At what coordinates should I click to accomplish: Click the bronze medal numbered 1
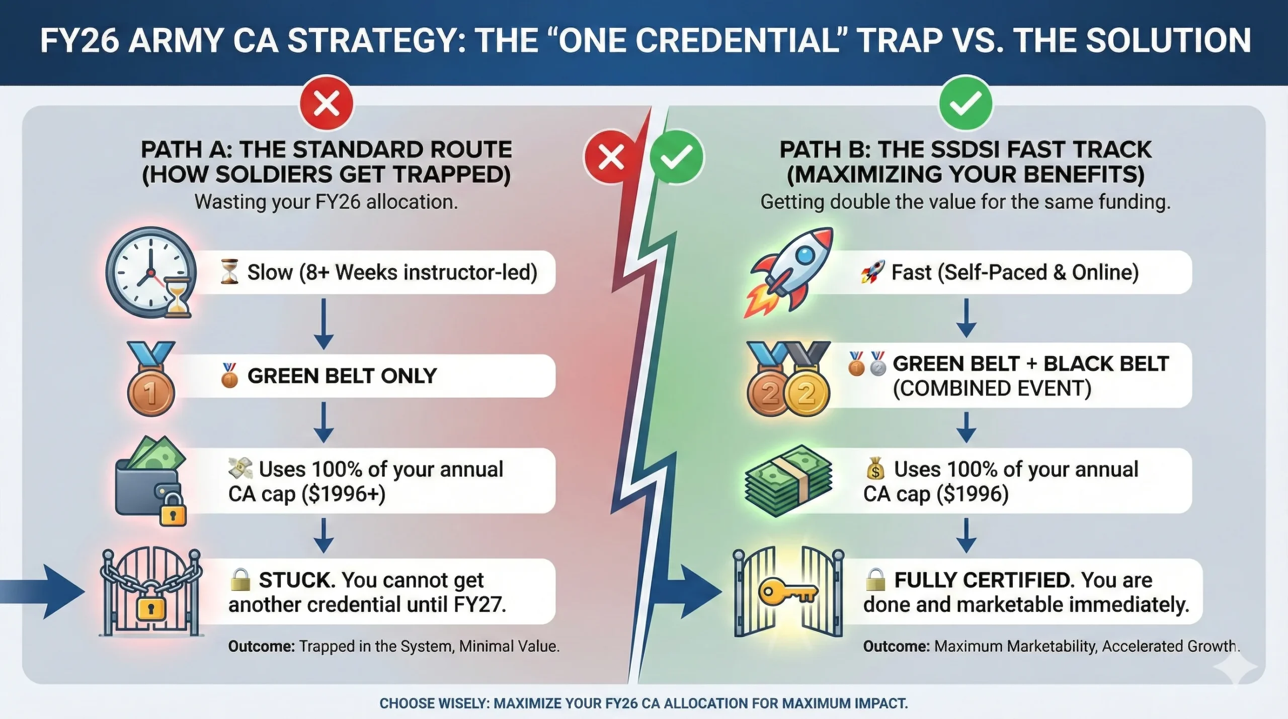tap(150, 392)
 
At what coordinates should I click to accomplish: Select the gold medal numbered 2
tap(806, 393)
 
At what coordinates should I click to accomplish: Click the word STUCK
tap(296, 580)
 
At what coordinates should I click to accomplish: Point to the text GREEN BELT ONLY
tap(342, 376)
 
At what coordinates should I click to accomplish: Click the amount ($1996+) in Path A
tap(343, 494)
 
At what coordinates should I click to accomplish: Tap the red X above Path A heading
tap(327, 104)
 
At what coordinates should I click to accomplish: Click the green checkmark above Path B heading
tap(965, 104)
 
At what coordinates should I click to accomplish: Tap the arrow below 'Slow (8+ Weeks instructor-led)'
tap(324, 324)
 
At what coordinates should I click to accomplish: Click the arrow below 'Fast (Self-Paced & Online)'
tap(966, 318)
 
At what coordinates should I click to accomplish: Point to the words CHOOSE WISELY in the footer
tap(434, 703)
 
